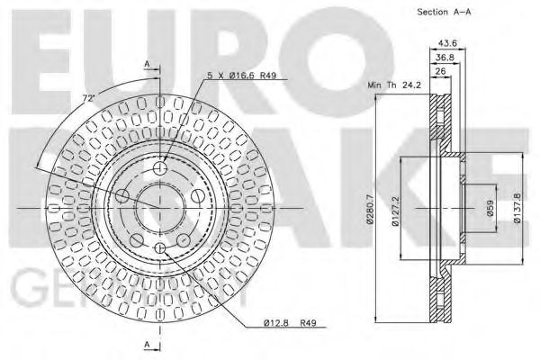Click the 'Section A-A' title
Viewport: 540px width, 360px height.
click(445, 12)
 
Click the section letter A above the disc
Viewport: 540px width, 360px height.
click(146, 64)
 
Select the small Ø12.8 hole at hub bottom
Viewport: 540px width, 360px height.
click(160, 247)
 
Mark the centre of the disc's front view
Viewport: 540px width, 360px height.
click(160, 208)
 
